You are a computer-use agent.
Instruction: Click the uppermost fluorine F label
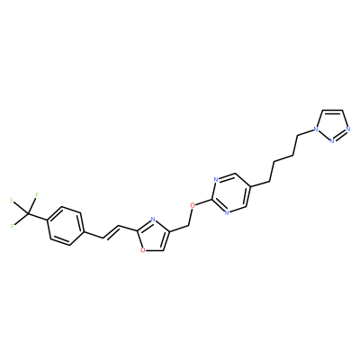pyautogui.click(x=37, y=194)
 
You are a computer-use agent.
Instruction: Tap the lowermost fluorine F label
pyautogui.click(x=13, y=226)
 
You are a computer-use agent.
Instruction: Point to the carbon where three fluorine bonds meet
pyautogui.click(x=28, y=213)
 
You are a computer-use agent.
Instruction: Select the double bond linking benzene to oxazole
pyautogui.click(x=112, y=232)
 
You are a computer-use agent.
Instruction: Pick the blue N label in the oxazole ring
pyautogui.click(x=152, y=220)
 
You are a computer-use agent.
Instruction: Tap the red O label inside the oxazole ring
pyautogui.click(x=143, y=249)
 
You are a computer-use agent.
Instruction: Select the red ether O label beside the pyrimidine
pyautogui.click(x=193, y=205)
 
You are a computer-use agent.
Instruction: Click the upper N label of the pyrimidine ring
pyautogui.click(x=216, y=180)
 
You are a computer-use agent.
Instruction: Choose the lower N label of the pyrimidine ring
pyautogui.click(x=227, y=212)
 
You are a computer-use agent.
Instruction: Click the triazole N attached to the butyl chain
pyautogui.click(x=315, y=130)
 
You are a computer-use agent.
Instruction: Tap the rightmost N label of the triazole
pyautogui.click(x=348, y=130)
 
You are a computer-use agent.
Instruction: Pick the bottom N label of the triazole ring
pyautogui.click(x=332, y=140)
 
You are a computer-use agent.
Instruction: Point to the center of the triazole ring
pyautogui.click(x=332, y=125)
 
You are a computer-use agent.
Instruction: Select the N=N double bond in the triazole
pyautogui.click(x=340, y=135)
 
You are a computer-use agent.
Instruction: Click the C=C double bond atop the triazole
pyautogui.click(x=332, y=111)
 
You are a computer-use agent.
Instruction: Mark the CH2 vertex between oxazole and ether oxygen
pyautogui.click(x=188, y=226)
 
